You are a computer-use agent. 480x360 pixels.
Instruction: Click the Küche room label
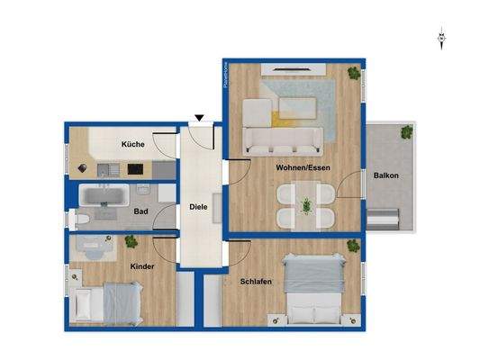point(134,144)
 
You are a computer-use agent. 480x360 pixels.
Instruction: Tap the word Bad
point(140,211)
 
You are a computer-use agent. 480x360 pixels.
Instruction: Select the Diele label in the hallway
point(198,206)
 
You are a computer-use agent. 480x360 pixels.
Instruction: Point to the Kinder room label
point(142,266)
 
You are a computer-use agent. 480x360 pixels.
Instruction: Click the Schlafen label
point(256,282)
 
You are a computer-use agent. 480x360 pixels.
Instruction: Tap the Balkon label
point(386,175)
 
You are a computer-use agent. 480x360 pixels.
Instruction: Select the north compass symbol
point(441,38)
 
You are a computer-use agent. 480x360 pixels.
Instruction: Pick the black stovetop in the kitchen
point(136,168)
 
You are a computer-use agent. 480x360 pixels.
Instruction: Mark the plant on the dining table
point(306,205)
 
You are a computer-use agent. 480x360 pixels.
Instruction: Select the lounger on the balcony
point(385,217)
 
